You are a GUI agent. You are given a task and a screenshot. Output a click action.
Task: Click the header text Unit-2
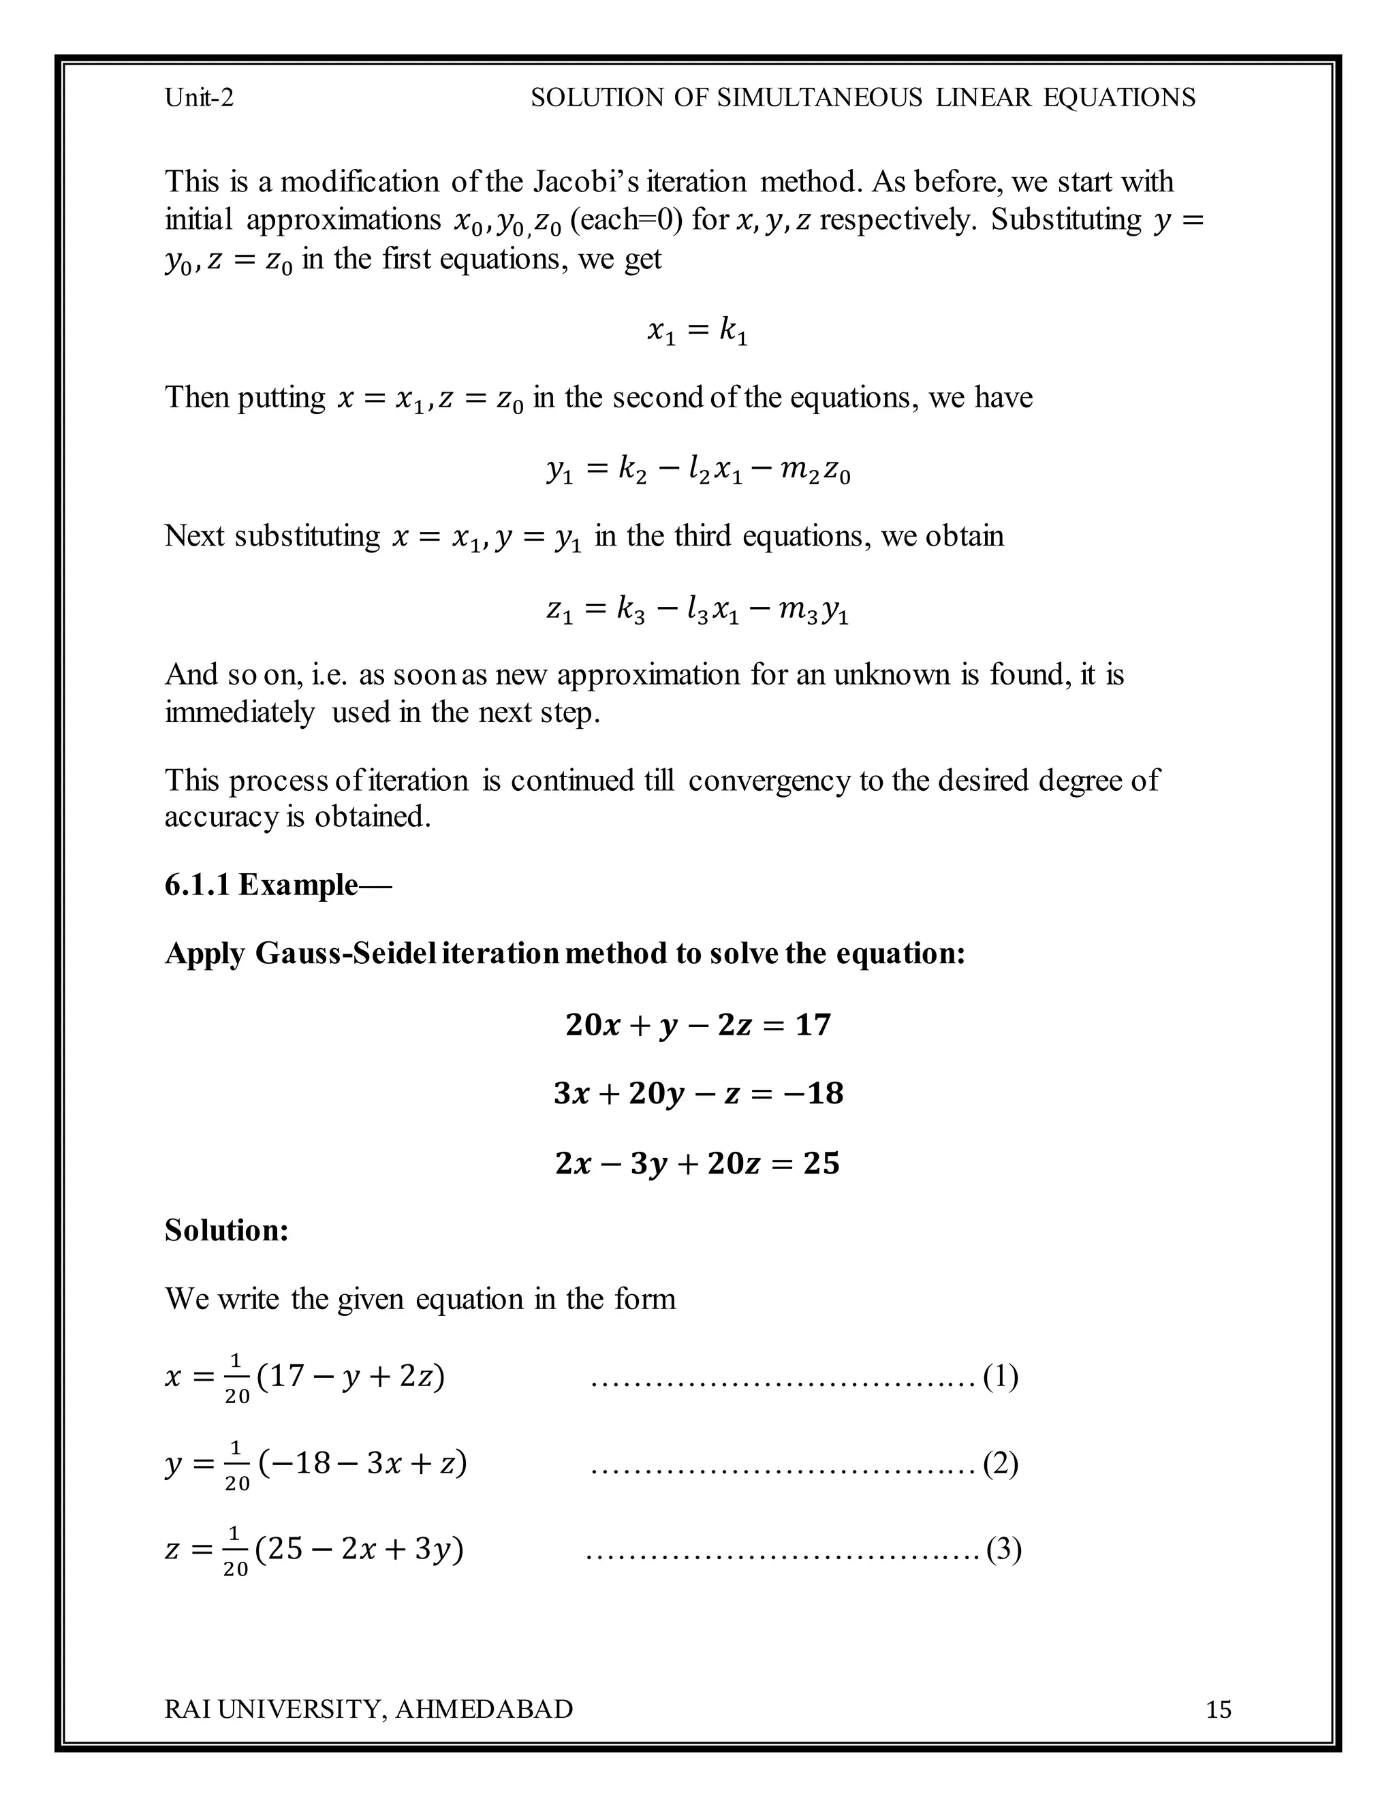(199, 98)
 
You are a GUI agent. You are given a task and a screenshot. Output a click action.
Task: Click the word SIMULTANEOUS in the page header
(819, 98)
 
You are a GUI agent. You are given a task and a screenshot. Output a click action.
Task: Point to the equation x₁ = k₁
(697, 332)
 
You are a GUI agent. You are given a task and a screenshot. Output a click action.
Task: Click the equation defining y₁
(697, 472)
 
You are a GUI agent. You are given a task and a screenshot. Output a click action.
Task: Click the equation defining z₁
(697, 612)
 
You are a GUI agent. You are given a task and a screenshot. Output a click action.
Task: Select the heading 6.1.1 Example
(278, 885)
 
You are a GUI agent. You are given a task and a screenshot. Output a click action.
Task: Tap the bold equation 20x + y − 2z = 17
(697, 1026)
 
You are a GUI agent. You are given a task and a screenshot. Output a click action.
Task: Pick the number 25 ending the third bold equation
(821, 1163)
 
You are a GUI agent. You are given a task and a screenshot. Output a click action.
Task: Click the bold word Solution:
(226, 1231)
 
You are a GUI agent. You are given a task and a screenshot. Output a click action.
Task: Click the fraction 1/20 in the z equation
(236, 1551)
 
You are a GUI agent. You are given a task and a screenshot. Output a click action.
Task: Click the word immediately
(240, 712)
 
